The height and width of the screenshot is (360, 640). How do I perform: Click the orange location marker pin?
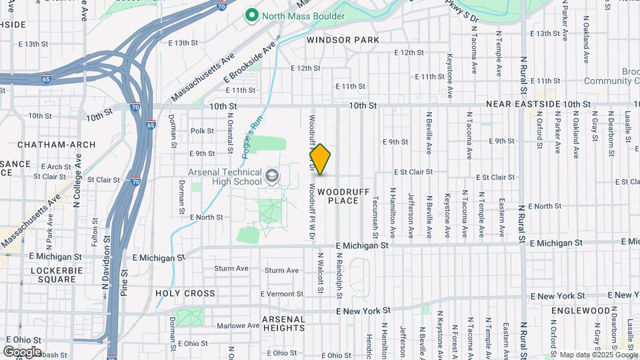[320, 159]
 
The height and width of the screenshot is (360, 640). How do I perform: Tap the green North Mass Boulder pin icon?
[252, 15]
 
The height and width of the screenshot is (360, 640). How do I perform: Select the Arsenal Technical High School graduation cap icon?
[271, 175]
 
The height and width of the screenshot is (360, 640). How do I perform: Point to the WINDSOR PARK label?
[343, 40]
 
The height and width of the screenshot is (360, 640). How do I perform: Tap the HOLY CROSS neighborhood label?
[185, 293]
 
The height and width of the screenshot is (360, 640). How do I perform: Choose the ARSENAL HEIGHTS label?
[283, 323]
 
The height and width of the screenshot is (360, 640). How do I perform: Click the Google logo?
[22, 351]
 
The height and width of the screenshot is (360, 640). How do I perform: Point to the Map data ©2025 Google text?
[598, 355]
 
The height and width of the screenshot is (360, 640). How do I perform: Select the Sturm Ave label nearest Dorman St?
[231, 269]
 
